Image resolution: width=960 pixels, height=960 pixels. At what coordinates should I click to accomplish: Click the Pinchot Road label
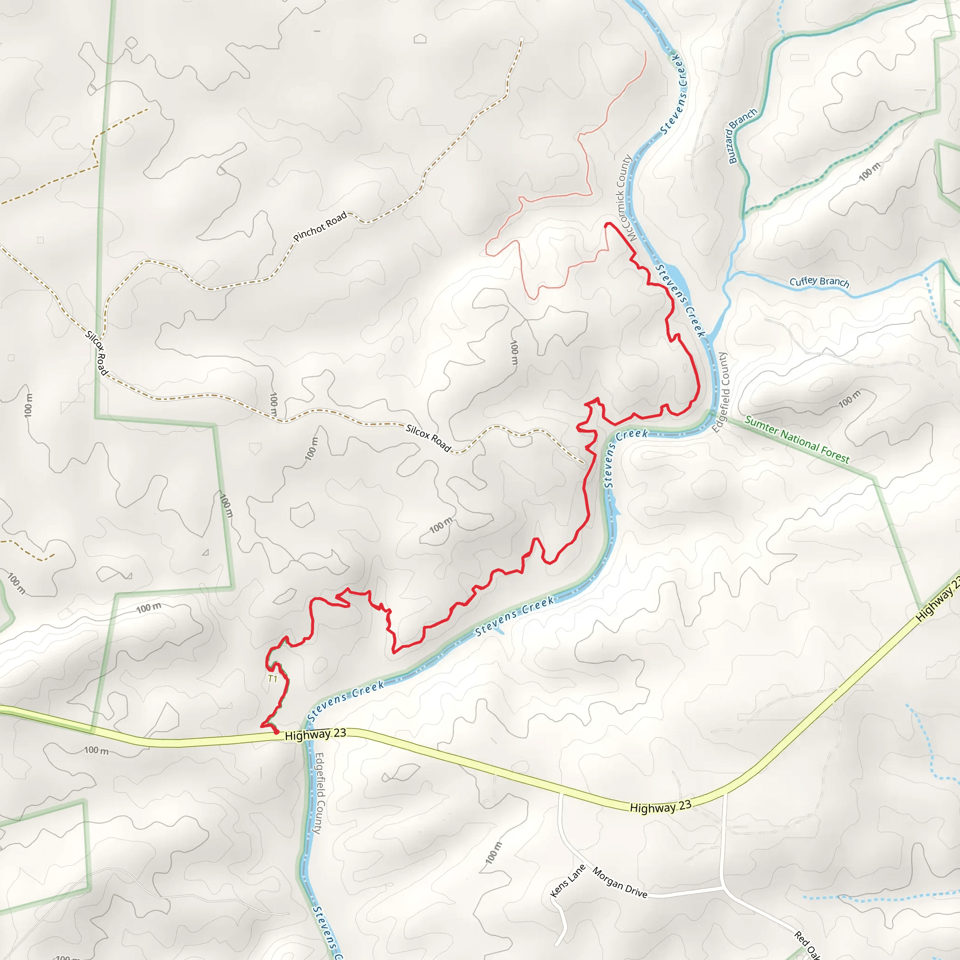320,226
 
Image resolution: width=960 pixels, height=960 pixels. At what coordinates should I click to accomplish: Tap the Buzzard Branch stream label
742,135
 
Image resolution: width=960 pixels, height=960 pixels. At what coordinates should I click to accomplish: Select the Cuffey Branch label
819,282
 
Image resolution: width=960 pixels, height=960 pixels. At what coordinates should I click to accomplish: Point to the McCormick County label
624,198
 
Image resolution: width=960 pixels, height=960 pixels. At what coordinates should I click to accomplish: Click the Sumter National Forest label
797,440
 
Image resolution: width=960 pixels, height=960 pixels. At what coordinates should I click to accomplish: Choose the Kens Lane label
568,880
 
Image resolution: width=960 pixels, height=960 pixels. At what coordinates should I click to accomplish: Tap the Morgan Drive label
620,883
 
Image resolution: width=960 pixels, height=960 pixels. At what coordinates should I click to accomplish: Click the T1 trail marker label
272,679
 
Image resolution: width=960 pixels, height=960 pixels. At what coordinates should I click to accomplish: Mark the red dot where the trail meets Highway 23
276,732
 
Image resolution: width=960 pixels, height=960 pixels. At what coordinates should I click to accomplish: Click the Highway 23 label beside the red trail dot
315,735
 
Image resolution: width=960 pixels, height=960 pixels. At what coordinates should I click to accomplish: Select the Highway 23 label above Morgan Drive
660,807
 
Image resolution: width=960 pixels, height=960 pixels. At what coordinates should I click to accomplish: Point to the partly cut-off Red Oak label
806,944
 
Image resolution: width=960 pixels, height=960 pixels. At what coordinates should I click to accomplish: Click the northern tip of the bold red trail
607,225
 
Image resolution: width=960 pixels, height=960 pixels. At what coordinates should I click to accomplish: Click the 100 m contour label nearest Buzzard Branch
869,171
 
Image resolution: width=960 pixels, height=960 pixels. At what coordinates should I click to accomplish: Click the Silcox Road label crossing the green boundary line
97,353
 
